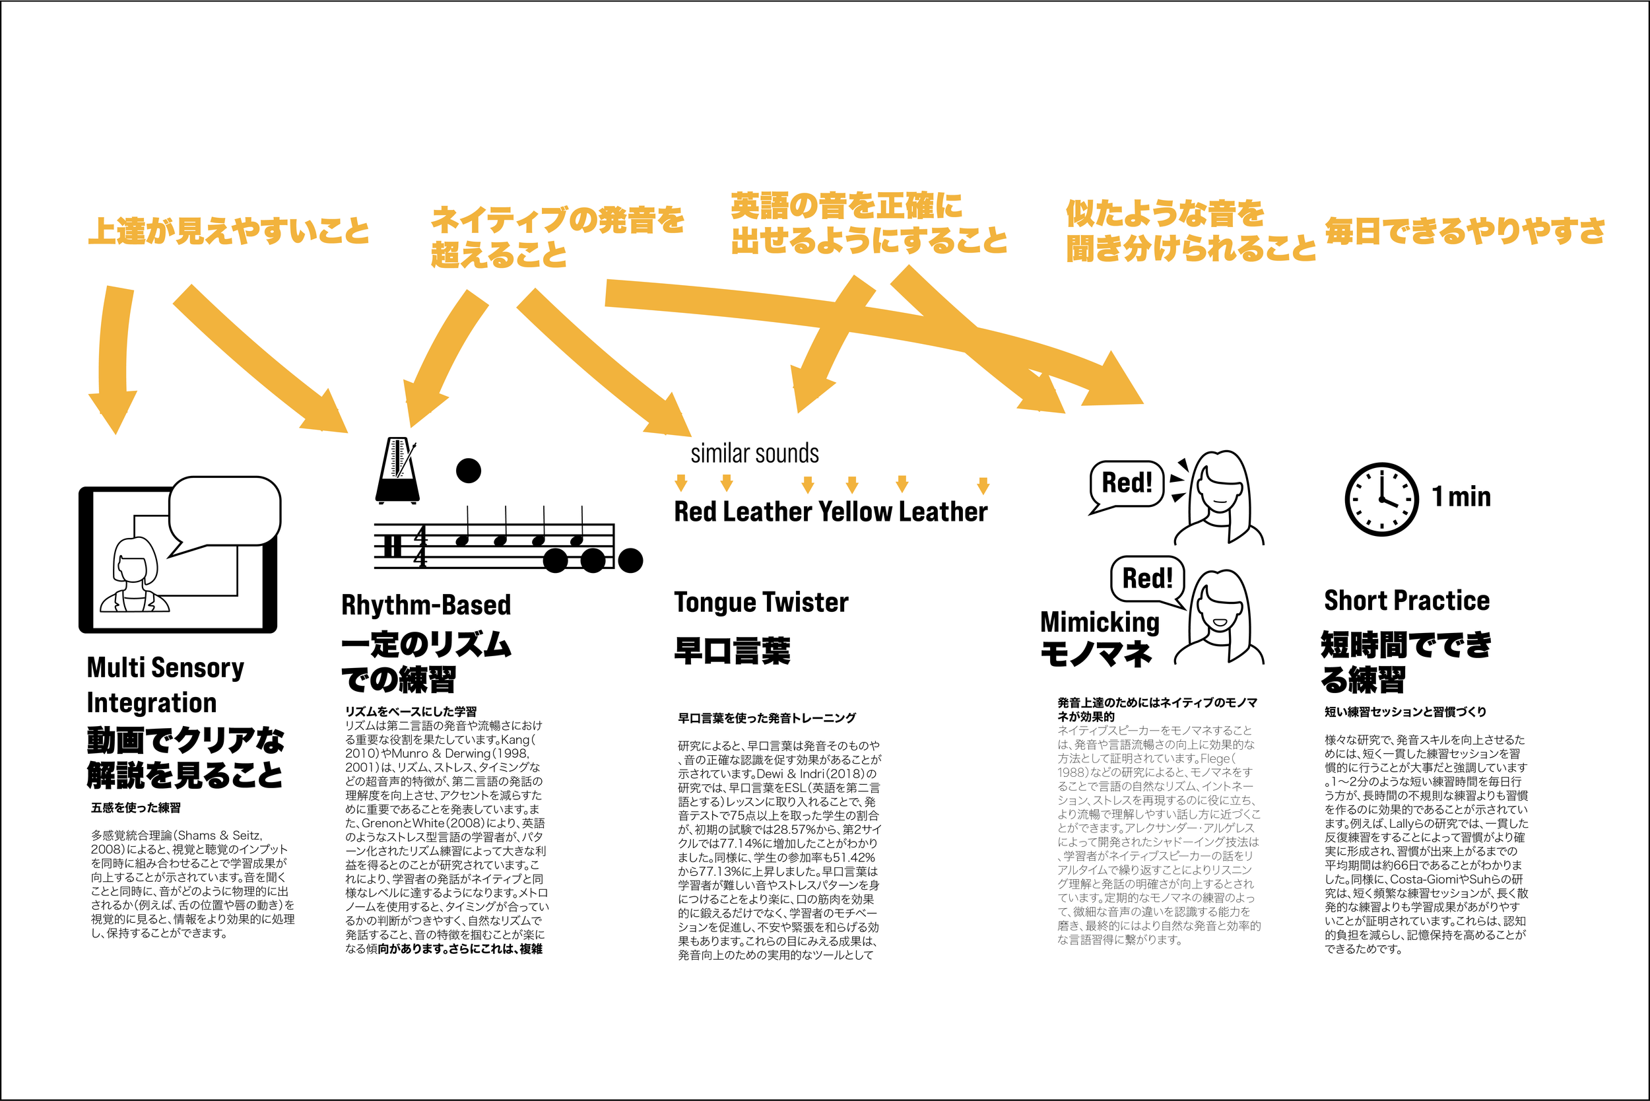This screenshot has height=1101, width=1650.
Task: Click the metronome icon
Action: (397, 471)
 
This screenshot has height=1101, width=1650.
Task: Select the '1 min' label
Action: (1461, 496)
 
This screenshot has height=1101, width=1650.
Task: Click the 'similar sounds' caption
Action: (754, 453)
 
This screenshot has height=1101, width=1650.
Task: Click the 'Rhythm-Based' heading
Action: (426, 605)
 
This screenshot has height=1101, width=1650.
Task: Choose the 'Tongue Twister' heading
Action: (761, 603)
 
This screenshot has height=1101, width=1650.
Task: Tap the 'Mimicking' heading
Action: (1100, 622)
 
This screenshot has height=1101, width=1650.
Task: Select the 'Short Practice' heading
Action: (1406, 601)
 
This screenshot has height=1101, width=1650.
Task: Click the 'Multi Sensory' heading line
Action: (165, 667)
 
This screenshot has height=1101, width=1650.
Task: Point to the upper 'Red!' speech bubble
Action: (1126, 484)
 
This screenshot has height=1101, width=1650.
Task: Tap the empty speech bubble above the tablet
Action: (224, 511)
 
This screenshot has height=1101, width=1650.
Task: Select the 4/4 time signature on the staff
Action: (420, 547)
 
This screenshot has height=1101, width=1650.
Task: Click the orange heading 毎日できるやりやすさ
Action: (1465, 231)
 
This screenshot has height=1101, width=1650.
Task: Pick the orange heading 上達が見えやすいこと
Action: (228, 231)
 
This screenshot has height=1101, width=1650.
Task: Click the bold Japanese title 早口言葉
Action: (732, 651)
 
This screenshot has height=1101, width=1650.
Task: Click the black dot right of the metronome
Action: (469, 470)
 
